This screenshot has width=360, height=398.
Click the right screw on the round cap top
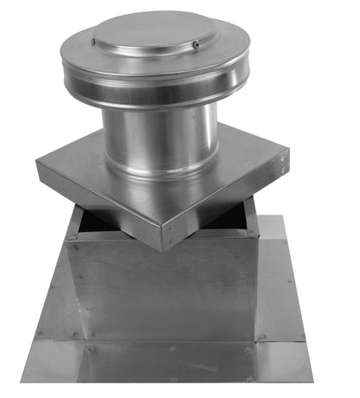click(196, 45)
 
